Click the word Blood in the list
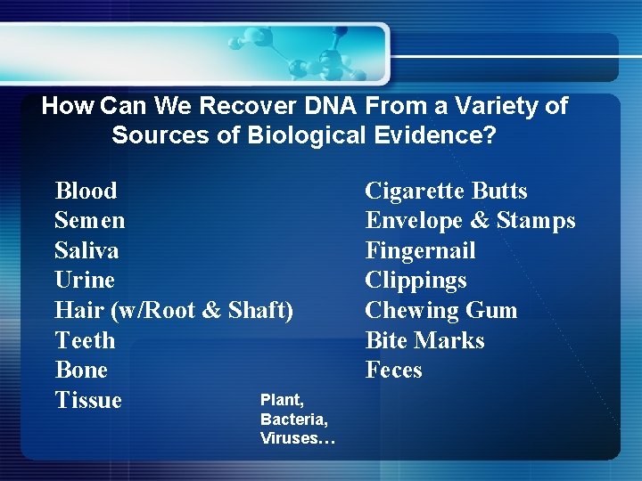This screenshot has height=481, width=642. (x=86, y=191)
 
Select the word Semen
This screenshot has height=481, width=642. (x=89, y=220)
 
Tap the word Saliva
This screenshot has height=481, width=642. (x=86, y=250)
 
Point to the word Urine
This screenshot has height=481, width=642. (x=85, y=280)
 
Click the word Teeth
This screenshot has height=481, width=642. (x=85, y=340)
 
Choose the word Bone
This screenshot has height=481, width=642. (x=81, y=370)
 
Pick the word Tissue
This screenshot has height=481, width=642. (x=88, y=400)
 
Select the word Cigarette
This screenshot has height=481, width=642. (x=416, y=191)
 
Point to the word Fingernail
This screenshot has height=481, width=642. (x=420, y=250)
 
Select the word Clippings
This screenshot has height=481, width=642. (x=416, y=281)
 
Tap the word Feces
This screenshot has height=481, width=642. (x=393, y=370)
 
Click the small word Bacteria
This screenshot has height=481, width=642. (x=293, y=419)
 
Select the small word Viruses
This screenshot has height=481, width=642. (x=296, y=437)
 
